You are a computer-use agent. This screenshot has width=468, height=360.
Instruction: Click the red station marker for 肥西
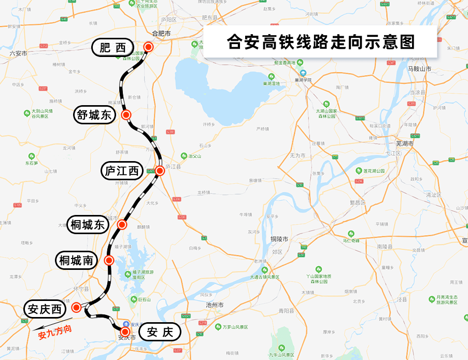[x=149, y=47]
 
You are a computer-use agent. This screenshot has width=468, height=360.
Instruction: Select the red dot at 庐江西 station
[x=160, y=170]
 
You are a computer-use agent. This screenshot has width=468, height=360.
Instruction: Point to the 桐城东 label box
[x=87, y=225]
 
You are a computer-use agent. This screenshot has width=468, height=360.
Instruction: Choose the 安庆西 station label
[x=45, y=310]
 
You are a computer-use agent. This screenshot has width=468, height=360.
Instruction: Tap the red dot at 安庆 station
[x=125, y=330]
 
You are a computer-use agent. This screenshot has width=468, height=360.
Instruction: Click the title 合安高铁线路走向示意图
[x=321, y=42]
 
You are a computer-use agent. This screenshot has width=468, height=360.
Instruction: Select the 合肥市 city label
[x=161, y=33]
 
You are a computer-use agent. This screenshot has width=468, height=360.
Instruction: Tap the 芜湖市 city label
[x=404, y=143]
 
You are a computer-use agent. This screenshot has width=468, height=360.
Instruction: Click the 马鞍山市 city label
[x=419, y=68]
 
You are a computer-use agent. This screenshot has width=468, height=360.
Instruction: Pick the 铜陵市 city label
[x=279, y=239]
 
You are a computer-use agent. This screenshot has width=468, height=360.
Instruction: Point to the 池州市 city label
[x=214, y=306]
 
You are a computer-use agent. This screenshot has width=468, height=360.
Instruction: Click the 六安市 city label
[x=18, y=53]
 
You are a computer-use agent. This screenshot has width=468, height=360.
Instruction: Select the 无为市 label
[x=298, y=155]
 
